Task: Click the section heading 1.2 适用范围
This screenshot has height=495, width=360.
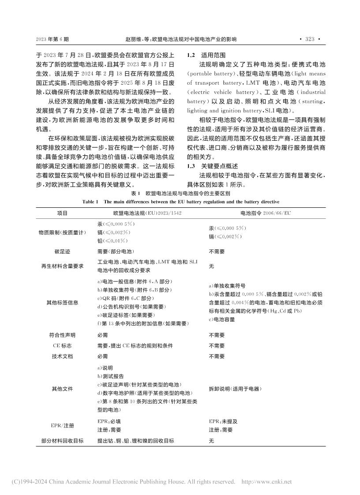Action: coord(206,56)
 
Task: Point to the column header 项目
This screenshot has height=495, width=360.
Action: coord(63,213)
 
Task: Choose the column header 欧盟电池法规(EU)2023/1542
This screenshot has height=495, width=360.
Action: coord(139,213)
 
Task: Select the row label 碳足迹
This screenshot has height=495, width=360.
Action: coord(63,251)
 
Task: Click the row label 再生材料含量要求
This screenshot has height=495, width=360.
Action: coord(63,266)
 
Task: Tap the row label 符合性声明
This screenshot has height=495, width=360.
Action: coord(63,335)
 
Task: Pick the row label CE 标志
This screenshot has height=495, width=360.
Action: coord(63,345)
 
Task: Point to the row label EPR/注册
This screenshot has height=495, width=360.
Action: coord(63,426)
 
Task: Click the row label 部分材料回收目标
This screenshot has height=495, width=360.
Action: coord(63,440)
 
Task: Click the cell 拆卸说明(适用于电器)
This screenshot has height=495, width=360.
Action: coord(235,389)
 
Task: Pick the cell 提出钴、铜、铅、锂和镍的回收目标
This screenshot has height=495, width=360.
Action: coord(135,440)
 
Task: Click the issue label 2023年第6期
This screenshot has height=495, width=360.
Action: coord(52,39)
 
